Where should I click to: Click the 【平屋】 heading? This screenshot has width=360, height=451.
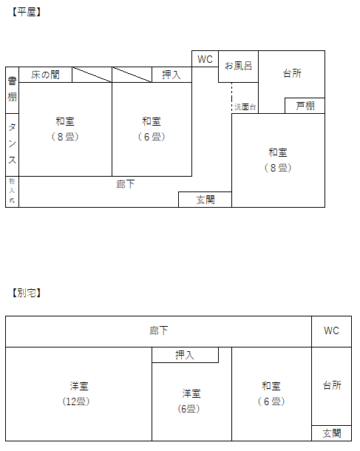pyautogui.click(x=27, y=12)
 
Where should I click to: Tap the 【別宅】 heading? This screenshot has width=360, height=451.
pyautogui.click(x=27, y=293)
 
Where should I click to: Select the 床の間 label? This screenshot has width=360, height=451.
pyautogui.click(x=45, y=75)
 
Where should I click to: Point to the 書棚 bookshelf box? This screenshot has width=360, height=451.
pyautogui.click(x=12, y=90)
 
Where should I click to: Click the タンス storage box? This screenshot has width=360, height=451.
pyautogui.click(x=12, y=145)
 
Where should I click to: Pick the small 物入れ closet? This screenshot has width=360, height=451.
pyautogui.click(x=12, y=191)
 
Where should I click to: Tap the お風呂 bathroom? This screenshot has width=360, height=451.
pyautogui.click(x=238, y=67)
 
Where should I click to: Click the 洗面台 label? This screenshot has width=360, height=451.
pyautogui.click(x=245, y=107)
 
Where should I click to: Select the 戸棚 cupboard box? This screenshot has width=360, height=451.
pyautogui.click(x=305, y=106)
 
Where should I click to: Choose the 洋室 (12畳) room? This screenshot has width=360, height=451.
pyautogui.click(x=78, y=394)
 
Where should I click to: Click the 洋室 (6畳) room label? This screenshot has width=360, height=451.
pyautogui.click(x=190, y=401)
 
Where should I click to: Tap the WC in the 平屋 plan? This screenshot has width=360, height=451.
pyautogui.click(x=205, y=59)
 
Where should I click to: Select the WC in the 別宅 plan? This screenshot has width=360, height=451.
pyautogui.click(x=331, y=331)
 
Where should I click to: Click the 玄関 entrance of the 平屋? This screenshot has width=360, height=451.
pyautogui.click(x=205, y=200)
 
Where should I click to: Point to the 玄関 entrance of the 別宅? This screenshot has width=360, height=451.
pyautogui.click(x=331, y=433)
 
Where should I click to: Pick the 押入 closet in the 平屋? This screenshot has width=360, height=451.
pyautogui.click(x=171, y=75)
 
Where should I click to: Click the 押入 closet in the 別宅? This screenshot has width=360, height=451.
pyautogui.click(x=186, y=355)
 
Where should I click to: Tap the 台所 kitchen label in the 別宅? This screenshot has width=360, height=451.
pyautogui.click(x=332, y=385)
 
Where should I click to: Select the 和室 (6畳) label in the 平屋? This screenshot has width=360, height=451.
pyautogui.click(x=152, y=129)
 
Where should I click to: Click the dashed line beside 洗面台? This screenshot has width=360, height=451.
pyautogui.click(x=232, y=98)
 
